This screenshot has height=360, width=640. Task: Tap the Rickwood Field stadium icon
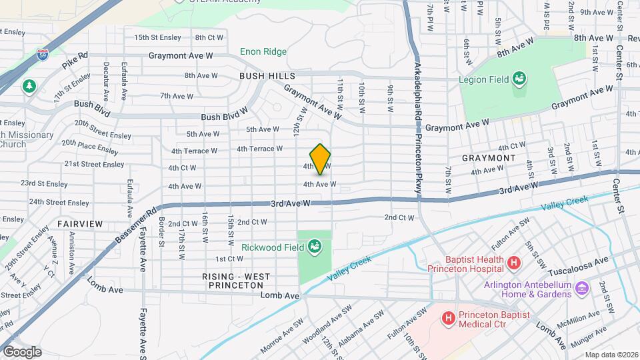pyautogui.click(x=314, y=247)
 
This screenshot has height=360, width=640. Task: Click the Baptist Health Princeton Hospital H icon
pyautogui.click(x=513, y=263)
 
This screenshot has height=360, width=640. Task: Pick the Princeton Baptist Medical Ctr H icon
pyautogui.click(x=448, y=319)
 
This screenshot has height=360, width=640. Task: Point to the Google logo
pyautogui.click(x=21, y=351)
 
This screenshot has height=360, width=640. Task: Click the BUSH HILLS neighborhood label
pyautogui.click(x=267, y=77)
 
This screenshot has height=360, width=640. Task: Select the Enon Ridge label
pyautogui.click(x=263, y=52)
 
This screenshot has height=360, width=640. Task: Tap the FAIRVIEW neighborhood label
pyautogui.click(x=78, y=224)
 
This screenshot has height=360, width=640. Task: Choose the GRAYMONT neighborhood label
pyautogui.click(x=489, y=158)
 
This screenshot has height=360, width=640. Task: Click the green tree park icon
pyautogui.click(x=29, y=87)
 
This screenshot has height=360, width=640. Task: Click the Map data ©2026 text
pyautogui.click(x=611, y=354)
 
